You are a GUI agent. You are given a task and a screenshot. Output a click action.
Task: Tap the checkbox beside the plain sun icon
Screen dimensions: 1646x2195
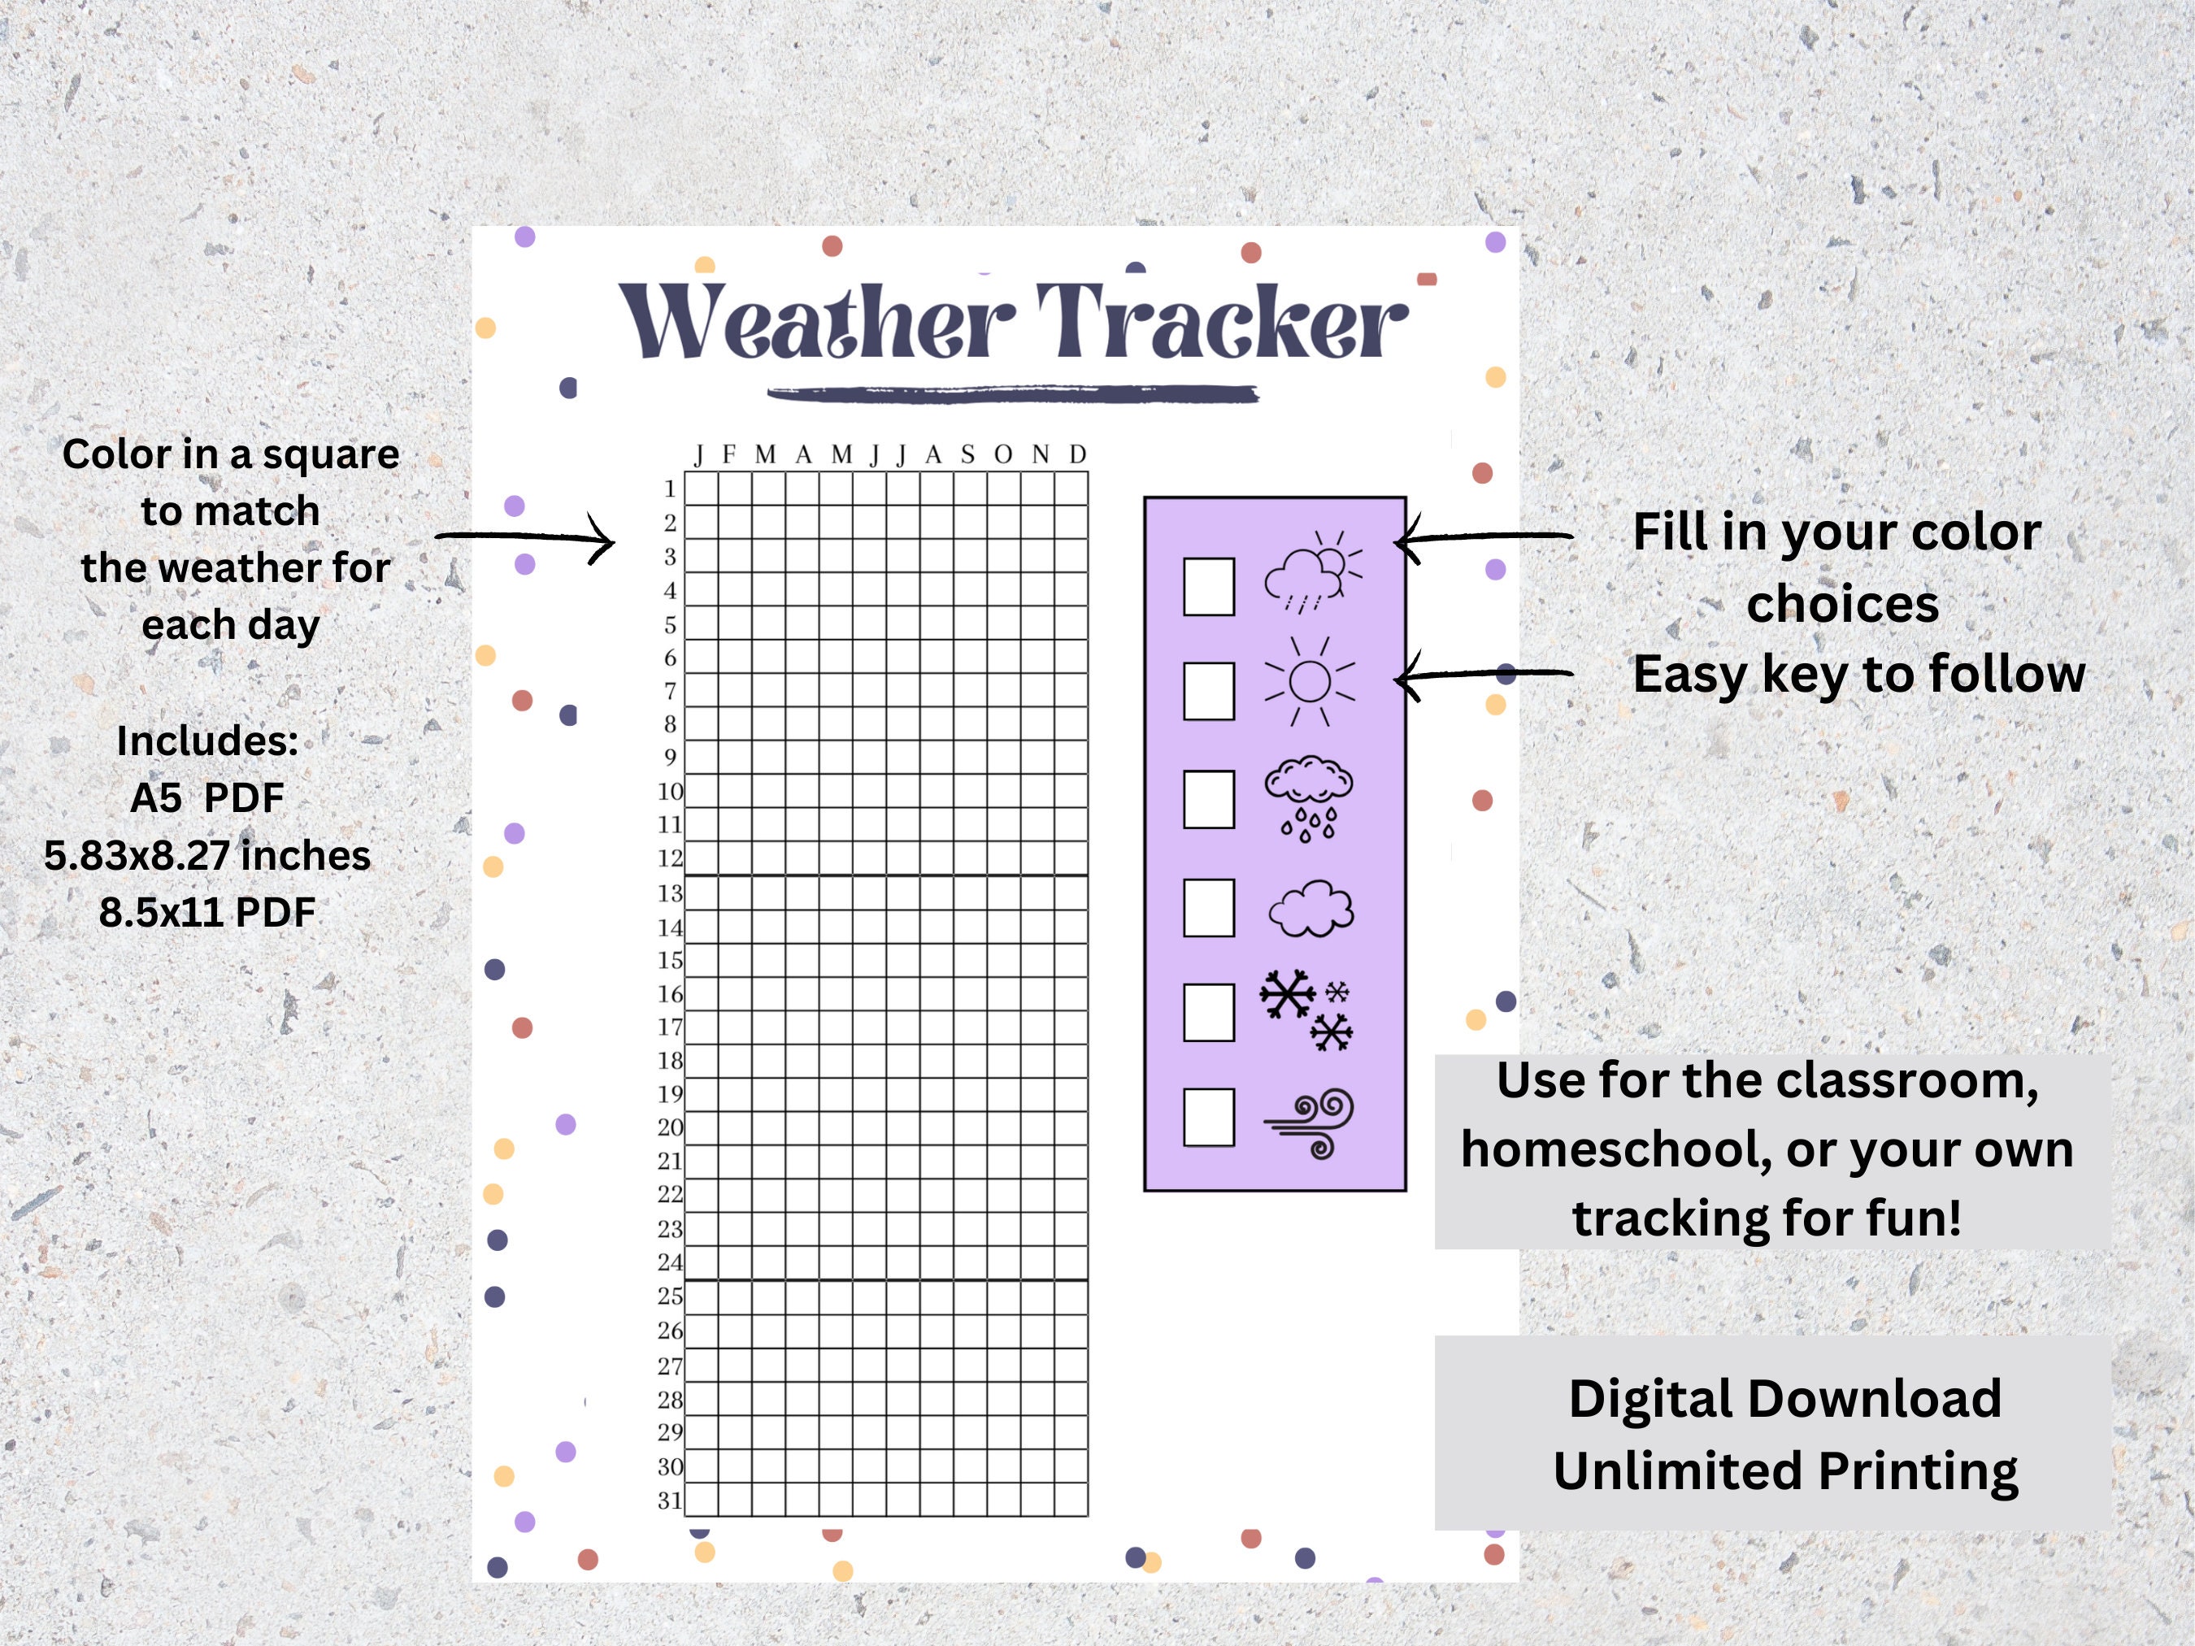(x=1209, y=691)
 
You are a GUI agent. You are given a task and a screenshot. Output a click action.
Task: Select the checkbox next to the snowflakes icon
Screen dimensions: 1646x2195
(x=1209, y=1012)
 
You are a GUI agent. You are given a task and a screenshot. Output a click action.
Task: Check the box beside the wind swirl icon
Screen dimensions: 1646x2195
(x=1209, y=1118)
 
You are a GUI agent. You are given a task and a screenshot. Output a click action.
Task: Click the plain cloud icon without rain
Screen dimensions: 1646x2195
(x=1310, y=909)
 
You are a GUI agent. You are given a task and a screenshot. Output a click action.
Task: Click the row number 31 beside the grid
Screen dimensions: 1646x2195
(x=671, y=1501)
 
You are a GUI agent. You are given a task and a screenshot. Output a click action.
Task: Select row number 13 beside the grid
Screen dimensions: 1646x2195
(x=671, y=894)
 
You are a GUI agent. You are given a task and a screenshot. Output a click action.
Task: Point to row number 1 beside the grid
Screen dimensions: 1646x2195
(x=671, y=489)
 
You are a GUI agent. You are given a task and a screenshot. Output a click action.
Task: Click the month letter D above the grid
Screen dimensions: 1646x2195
(x=1078, y=454)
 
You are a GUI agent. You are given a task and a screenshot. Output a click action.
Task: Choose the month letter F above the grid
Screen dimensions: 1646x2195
(x=729, y=454)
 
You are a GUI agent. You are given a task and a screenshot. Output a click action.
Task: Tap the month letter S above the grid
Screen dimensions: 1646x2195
(x=967, y=454)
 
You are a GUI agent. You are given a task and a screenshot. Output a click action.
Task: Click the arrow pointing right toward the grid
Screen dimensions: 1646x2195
(x=526, y=539)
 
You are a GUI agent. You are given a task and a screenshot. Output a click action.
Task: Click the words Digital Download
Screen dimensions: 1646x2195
(x=1784, y=1399)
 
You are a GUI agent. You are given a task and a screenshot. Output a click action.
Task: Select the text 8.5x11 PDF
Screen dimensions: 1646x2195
(x=207, y=913)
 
